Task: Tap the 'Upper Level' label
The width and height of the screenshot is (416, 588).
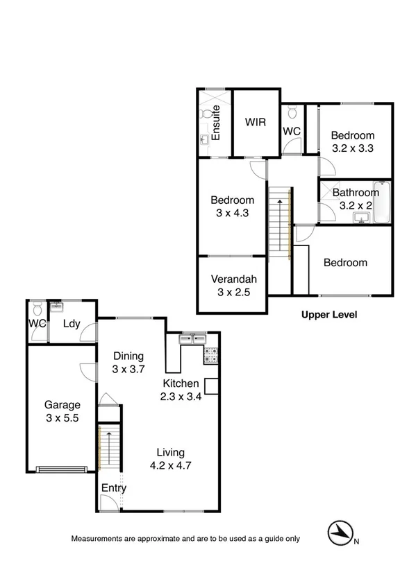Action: (x=328, y=314)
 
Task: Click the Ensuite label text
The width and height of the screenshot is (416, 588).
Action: (x=216, y=123)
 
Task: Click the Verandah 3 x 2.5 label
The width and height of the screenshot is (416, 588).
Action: (x=233, y=285)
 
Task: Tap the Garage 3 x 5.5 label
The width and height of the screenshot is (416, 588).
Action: (x=63, y=411)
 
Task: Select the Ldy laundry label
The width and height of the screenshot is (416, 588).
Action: (x=71, y=324)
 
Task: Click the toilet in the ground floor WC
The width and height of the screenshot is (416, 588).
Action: (x=38, y=307)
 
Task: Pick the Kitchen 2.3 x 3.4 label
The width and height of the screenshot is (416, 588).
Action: (x=181, y=390)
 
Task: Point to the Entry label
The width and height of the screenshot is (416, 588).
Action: (x=114, y=488)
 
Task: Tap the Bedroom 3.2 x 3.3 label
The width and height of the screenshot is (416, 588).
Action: (x=352, y=141)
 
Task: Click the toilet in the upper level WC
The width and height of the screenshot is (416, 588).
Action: (x=292, y=111)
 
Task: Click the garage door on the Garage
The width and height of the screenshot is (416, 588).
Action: (x=63, y=469)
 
